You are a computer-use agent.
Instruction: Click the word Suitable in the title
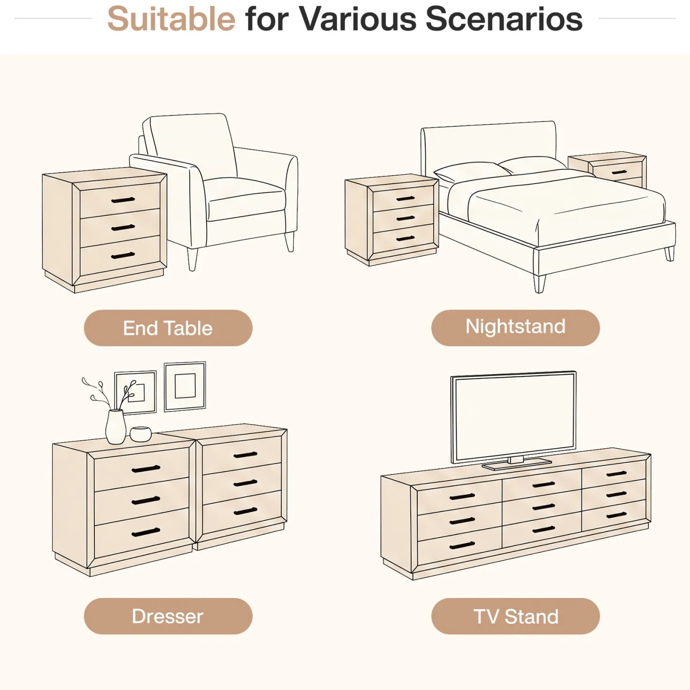(171, 19)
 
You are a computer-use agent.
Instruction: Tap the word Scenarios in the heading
(504, 19)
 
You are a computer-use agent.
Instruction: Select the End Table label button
(168, 328)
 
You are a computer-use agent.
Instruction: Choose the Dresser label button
(168, 616)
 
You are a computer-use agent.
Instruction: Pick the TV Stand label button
(515, 616)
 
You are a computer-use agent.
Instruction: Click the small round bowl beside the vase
(140, 434)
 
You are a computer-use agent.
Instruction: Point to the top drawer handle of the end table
(123, 200)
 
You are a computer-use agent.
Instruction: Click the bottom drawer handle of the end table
(123, 255)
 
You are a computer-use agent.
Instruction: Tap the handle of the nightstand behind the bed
(619, 172)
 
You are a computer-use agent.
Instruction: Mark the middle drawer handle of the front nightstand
(406, 218)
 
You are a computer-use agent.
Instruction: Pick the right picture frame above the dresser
(185, 386)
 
